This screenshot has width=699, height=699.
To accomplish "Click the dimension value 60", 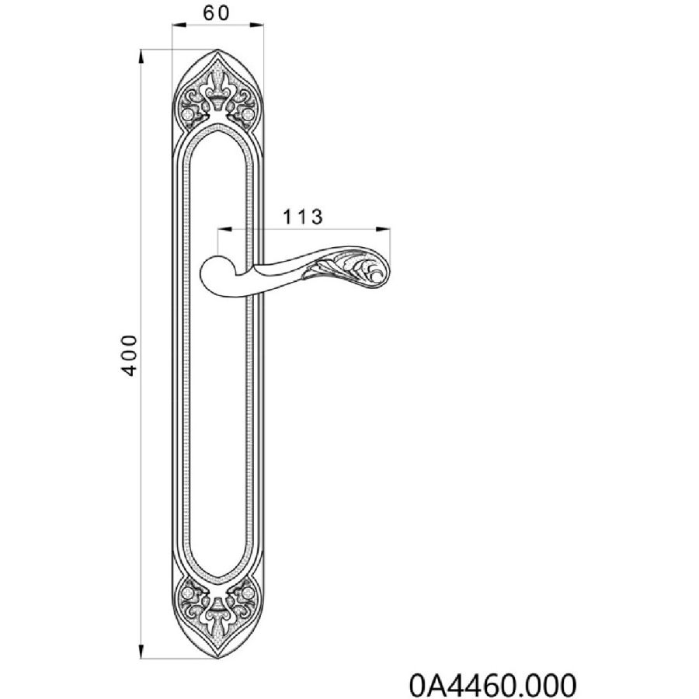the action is point(216,13).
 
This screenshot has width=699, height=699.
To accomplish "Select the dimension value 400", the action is point(130,355).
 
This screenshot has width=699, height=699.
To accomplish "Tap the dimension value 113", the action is point(303,217).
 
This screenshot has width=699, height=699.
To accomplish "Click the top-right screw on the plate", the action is point(249,115).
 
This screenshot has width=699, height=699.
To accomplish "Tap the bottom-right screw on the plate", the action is point(249,593).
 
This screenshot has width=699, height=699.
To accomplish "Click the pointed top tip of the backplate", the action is point(217,50).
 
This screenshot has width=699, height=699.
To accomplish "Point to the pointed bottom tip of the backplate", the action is point(217,658).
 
